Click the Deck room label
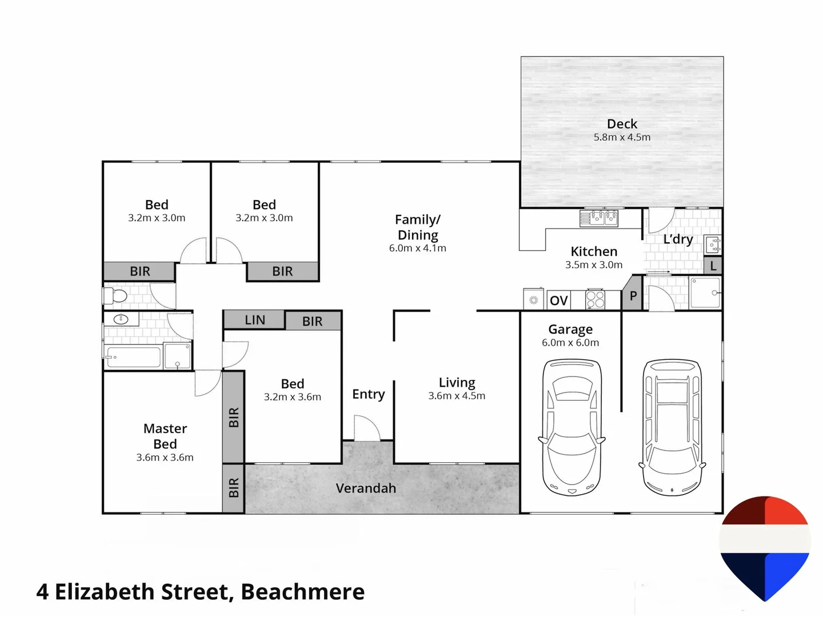coord(622,124)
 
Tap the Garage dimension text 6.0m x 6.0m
coord(570,343)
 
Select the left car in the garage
coord(571,427)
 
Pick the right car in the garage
coord(672,427)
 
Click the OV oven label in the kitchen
coord(558,301)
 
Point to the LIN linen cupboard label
coord(255,320)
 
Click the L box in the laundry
coord(713,266)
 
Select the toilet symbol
coord(116,295)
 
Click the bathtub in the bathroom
coord(133,357)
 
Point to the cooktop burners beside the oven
coord(595,300)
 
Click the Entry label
coord(369,394)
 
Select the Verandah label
coord(366,488)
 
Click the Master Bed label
coord(165,436)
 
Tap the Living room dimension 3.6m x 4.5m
coord(457,396)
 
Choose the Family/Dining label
coord(418,227)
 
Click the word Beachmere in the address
coord(302,592)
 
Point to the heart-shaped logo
coord(765,546)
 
